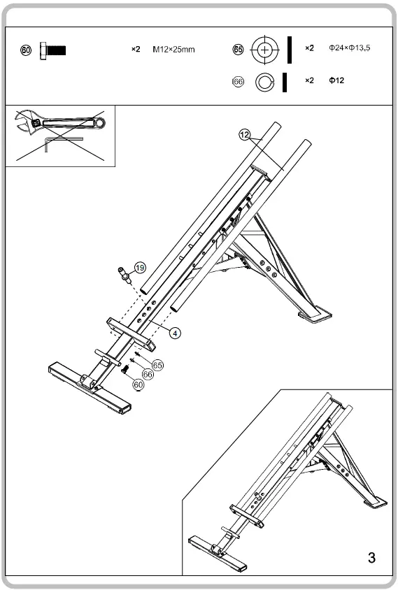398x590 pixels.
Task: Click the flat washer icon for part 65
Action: pos(264,50)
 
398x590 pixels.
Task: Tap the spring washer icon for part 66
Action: pos(264,82)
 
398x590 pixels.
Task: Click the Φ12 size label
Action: pos(336,81)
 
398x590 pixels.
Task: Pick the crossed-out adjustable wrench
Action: pos(59,124)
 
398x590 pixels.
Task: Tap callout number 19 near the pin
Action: pos(140,268)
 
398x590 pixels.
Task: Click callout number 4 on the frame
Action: pos(176,333)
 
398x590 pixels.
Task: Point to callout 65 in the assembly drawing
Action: pos(157,365)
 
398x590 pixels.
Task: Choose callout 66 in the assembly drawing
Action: pos(148,375)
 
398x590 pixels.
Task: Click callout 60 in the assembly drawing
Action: pos(138,384)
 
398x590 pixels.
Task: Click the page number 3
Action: pos(371,557)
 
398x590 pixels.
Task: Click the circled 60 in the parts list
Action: pos(27,50)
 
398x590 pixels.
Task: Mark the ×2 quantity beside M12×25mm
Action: pos(136,50)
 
